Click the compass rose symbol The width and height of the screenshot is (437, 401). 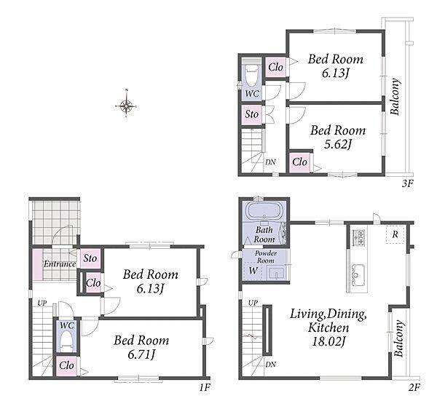click(x=127, y=106)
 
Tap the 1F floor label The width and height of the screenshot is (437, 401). click(x=204, y=387)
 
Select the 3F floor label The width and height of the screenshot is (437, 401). click(x=407, y=183)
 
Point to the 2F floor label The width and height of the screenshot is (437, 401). click(x=414, y=387)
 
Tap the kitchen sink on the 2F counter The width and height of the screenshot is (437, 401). click(x=358, y=274)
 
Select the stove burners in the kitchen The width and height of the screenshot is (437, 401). click(x=358, y=237)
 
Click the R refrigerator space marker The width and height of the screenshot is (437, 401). click(x=395, y=234)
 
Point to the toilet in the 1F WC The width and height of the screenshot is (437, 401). click(x=67, y=341)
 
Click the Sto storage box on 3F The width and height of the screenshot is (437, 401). click(x=252, y=114)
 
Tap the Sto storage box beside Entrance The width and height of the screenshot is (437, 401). click(x=90, y=258)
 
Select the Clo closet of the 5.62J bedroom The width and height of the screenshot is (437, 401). click(x=299, y=162)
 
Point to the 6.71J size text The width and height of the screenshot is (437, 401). click(x=141, y=354)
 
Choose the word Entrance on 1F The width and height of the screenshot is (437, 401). click(x=60, y=264)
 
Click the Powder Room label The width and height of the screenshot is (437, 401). click(x=266, y=257)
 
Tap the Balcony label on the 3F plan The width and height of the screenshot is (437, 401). click(x=395, y=97)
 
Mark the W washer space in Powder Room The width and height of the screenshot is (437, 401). click(x=253, y=270)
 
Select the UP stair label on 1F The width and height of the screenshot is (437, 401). click(x=42, y=303)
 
